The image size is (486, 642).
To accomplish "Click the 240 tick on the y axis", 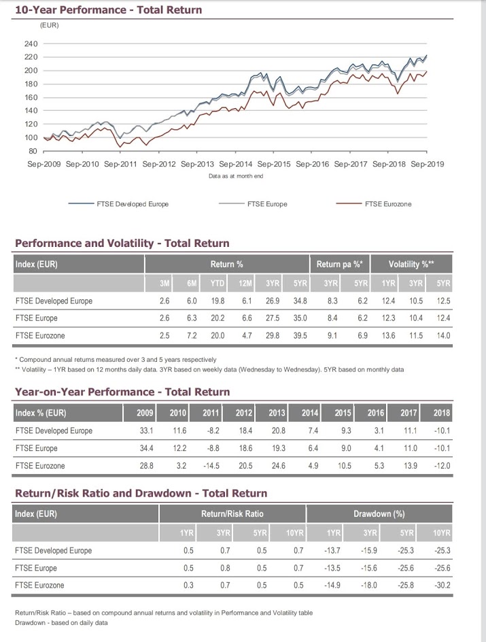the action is click(31, 44).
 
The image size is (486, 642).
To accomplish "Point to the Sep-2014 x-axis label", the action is click(236, 164).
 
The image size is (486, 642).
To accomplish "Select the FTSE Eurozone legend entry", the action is click(373, 204).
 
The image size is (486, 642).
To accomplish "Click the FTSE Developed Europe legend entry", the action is click(118, 204).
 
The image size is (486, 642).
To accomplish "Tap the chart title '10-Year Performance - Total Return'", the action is click(108, 10).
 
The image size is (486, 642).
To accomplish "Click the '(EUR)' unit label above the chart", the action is click(49, 25).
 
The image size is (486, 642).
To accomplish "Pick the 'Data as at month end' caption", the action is click(236, 176).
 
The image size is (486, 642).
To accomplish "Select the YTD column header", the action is click(218, 284).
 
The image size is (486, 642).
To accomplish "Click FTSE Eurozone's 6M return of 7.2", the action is click(192, 336).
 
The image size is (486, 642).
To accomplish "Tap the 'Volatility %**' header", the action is click(411, 264).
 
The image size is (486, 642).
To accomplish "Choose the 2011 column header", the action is click(211, 413).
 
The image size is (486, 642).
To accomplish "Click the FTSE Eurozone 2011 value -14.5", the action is click(211, 466).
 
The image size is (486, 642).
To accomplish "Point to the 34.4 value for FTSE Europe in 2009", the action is click(146, 448).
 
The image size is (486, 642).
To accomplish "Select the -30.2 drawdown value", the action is click(442, 585).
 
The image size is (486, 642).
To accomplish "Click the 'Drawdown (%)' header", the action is click(379, 514).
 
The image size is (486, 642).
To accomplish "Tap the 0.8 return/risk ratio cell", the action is click(225, 568).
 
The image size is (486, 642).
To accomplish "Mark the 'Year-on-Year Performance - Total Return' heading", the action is click(122, 392).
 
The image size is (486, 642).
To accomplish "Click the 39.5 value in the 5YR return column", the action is click(300, 336).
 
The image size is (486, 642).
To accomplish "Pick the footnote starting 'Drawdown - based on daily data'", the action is click(61, 623).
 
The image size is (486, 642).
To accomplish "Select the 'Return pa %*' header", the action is click(340, 264).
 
